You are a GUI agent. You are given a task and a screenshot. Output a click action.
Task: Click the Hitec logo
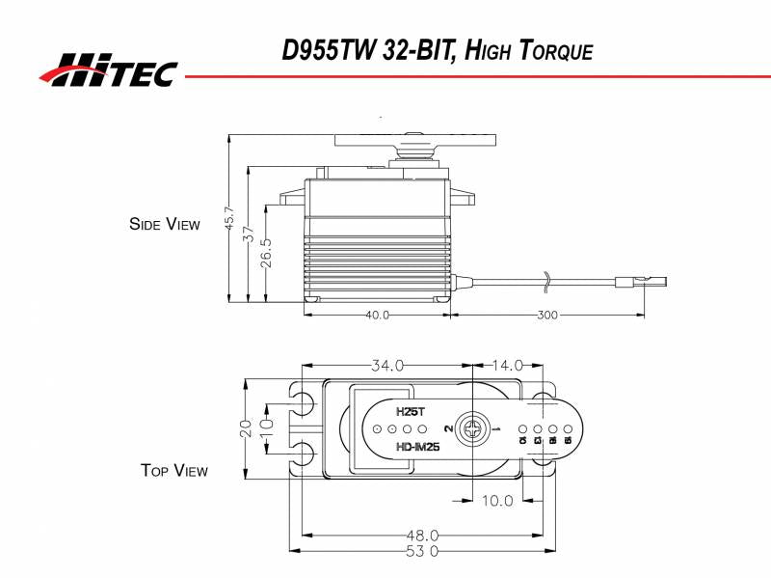pos(108,69)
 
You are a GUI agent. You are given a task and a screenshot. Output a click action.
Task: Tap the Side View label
pos(164,224)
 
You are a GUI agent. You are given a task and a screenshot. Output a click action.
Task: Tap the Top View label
pos(173,471)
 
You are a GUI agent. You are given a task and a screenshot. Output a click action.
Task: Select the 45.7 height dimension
pos(229,220)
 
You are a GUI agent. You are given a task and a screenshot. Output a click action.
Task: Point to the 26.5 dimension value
pos(267,253)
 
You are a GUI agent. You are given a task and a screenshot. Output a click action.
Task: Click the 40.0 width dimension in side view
pos(377,315)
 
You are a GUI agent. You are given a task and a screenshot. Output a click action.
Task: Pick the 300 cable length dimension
pos(547,315)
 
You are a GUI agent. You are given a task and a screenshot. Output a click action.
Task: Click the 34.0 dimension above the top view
pos(387,365)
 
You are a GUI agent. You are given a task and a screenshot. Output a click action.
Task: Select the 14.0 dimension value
pos(507,365)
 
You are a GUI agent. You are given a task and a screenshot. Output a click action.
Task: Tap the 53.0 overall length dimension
pos(422,551)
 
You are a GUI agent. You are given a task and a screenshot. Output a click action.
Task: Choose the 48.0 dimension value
pos(422,535)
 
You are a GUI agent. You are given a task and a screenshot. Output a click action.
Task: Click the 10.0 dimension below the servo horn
pos(497,500)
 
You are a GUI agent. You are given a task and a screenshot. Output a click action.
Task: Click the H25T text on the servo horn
pos(411,410)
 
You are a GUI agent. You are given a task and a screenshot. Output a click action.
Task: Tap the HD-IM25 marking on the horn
pos(418,447)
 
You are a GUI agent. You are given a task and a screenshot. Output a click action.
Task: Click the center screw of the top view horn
pos(473,427)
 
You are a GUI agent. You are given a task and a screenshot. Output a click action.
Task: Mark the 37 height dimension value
pos(249,234)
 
